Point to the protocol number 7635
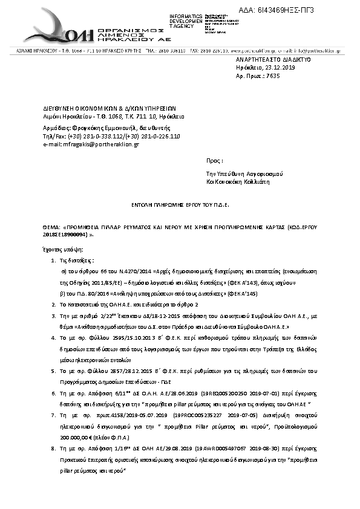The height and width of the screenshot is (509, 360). click(x=273, y=77)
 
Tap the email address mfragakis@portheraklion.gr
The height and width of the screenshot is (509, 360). click(x=100, y=144)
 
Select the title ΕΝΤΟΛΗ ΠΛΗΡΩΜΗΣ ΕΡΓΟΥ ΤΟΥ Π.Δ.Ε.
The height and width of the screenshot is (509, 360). click(x=180, y=205)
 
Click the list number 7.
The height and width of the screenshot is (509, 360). click(x=53, y=416)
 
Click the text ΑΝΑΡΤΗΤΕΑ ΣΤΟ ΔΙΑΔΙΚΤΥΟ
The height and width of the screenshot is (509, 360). click(x=273, y=61)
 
